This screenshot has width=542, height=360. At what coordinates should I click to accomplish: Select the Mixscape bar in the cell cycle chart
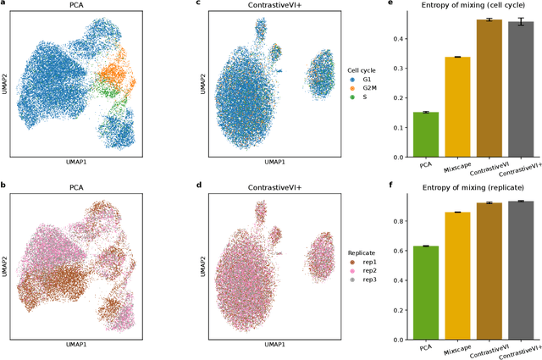(457, 107)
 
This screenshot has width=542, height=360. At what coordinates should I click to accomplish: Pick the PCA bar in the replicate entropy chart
(426, 293)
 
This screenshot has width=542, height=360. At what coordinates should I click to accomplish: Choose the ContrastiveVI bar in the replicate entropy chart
(489, 271)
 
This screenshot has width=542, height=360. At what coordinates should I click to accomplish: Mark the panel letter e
(390, 3)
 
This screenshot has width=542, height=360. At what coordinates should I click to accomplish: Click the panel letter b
(7, 185)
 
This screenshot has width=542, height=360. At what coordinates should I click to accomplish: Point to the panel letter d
(198, 185)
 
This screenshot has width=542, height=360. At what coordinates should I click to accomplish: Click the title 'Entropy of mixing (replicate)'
(473, 187)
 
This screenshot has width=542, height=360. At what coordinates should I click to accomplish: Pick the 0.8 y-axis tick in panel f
(400, 221)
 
